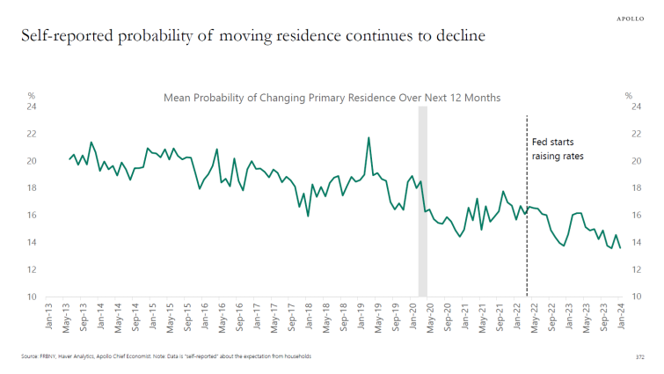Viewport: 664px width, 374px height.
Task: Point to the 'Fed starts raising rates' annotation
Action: [x=558, y=148]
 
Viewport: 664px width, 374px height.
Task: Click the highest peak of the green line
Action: [x=368, y=137]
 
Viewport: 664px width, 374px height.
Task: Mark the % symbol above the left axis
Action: [x=31, y=95]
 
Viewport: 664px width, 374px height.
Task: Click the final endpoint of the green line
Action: [x=595, y=248]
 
